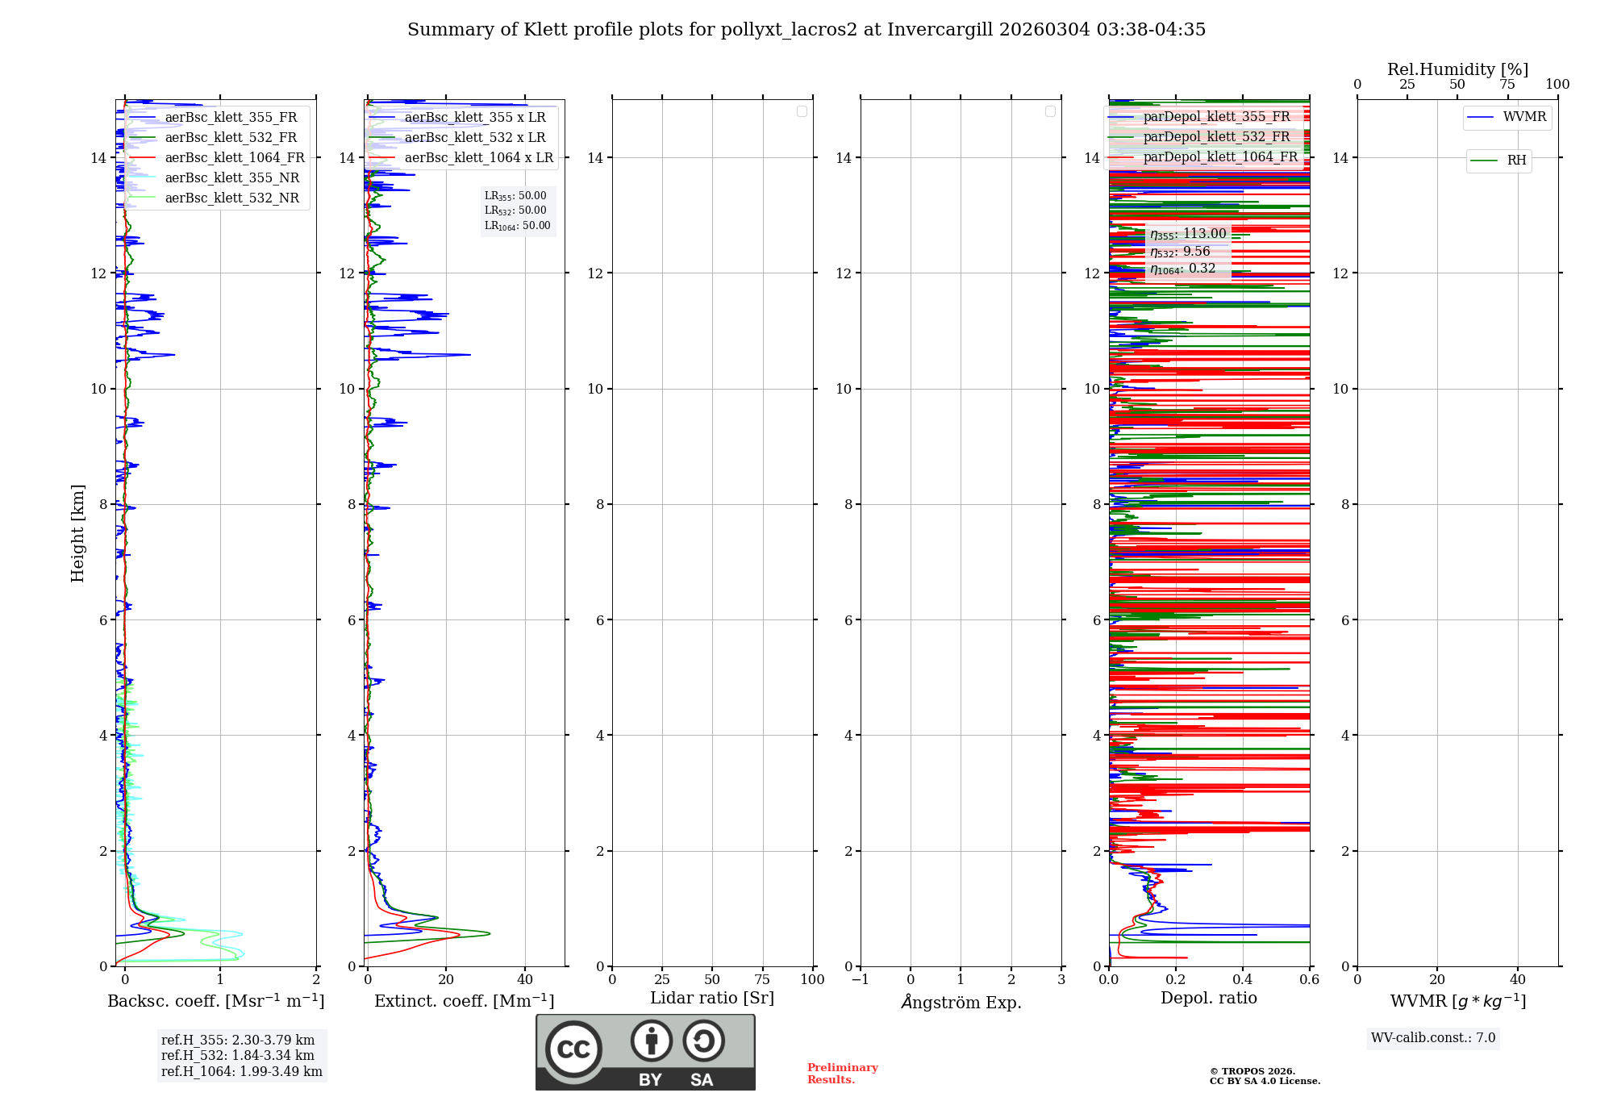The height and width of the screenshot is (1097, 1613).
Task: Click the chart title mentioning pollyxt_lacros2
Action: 806,30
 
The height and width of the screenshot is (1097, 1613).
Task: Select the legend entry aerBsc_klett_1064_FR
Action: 234,158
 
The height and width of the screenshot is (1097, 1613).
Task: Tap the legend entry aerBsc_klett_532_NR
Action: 231,198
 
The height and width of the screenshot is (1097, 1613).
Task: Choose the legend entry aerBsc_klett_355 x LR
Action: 474,118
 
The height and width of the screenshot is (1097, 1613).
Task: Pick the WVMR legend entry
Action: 1523,117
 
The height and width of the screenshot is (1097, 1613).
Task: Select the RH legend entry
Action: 1515,161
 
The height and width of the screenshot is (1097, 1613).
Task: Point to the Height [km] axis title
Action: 77,533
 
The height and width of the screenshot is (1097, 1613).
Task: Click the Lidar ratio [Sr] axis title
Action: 712,998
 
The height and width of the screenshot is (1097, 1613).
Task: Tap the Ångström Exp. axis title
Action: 961,1002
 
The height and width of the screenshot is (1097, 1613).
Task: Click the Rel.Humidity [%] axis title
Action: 1457,69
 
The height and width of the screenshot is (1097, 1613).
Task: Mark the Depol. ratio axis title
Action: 1208,998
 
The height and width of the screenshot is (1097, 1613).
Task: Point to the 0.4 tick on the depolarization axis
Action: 1243,979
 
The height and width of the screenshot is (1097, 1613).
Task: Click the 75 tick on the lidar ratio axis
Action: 762,979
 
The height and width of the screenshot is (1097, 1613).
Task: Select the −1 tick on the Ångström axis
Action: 861,979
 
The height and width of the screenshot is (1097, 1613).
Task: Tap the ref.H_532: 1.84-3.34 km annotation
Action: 237,1055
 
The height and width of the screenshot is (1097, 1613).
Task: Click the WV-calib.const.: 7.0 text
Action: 1433,1038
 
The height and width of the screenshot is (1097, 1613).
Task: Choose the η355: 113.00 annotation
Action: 1187,234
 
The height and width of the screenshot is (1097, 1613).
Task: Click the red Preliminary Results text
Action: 842,1074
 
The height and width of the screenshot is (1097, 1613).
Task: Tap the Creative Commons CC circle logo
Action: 573,1049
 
